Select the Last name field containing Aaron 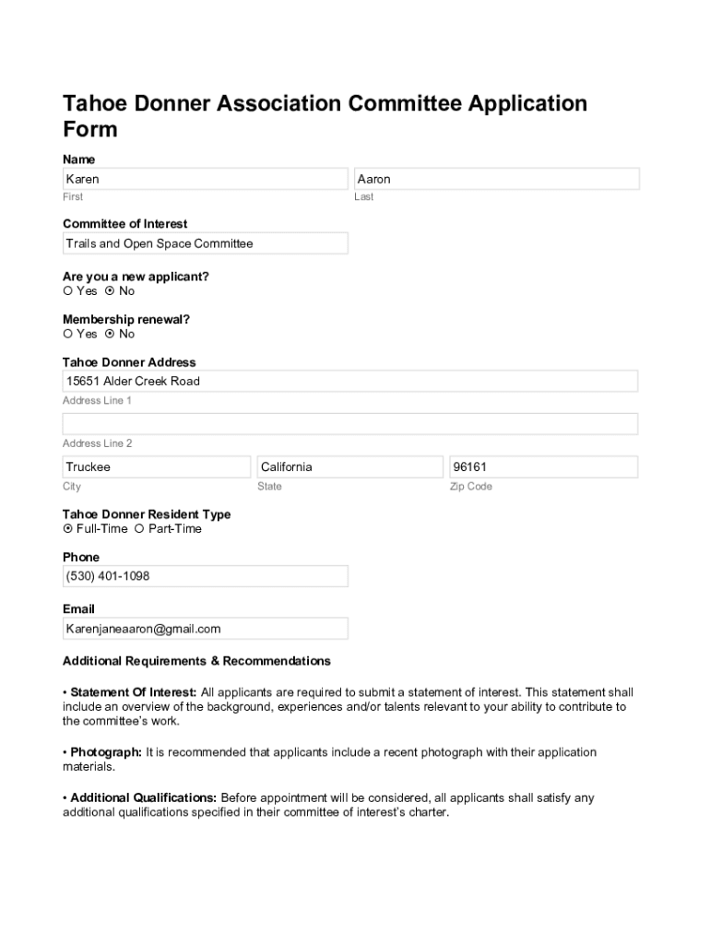click(x=496, y=179)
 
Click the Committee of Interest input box click(x=205, y=243)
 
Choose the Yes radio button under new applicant click(x=67, y=291)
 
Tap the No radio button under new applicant click(x=110, y=291)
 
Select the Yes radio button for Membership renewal click(x=67, y=335)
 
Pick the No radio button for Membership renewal click(x=110, y=335)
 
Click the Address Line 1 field click(x=349, y=382)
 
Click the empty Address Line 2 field click(x=349, y=424)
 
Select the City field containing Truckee click(x=156, y=467)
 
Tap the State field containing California click(x=349, y=467)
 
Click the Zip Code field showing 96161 click(x=543, y=467)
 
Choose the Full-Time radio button click(x=67, y=529)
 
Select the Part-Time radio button click(x=139, y=529)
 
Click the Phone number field click(x=205, y=576)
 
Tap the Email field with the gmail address click(x=205, y=629)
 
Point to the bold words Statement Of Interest click(x=133, y=692)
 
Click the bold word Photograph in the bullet click(x=105, y=752)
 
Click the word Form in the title click(x=90, y=129)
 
